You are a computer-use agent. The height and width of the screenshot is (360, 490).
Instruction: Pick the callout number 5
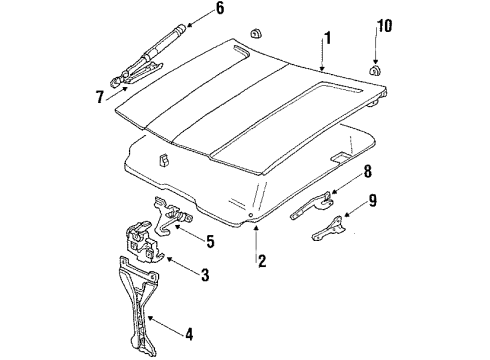coord(210,239)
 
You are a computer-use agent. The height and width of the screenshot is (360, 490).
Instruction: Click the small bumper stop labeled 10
coord(377,71)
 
